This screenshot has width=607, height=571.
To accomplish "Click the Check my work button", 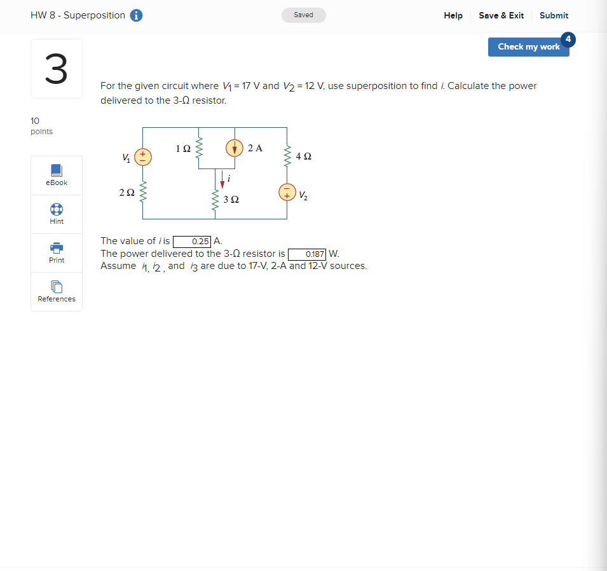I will click(528, 47).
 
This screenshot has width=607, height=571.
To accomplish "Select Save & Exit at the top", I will click(501, 15).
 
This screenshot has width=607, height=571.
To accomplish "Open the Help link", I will click(453, 15).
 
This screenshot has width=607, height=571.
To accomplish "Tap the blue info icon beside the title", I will click(136, 16).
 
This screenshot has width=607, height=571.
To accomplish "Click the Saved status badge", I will click(304, 15).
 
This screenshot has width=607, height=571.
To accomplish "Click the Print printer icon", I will click(57, 247).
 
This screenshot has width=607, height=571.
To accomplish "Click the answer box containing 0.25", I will click(193, 242).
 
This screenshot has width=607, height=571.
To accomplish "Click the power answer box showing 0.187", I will click(307, 254).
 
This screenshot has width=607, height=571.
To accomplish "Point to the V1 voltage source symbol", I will click(142, 156).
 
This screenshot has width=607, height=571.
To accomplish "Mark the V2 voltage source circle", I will click(287, 191).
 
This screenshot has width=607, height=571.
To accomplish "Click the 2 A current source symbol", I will click(235, 148).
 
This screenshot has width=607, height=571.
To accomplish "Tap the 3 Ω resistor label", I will click(231, 200).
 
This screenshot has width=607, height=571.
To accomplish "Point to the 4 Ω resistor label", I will click(303, 156).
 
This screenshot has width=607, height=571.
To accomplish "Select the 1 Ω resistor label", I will click(183, 149).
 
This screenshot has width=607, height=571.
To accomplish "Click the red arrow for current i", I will click(222, 180).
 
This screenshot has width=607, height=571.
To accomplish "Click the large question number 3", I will click(56, 69).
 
